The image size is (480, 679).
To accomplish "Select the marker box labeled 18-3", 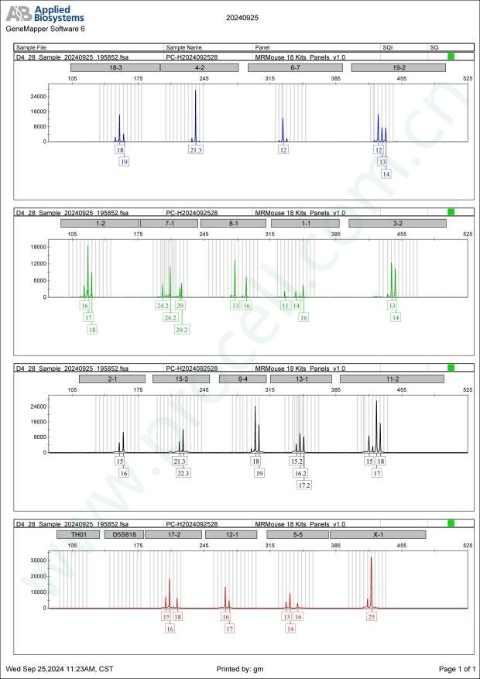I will pos(115,67).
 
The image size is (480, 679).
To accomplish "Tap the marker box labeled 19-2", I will pos(398,67).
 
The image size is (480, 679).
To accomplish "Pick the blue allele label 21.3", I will pos(195,149).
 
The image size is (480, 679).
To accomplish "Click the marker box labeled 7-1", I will pos(169,223).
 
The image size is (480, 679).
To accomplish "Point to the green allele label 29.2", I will pos(182,329).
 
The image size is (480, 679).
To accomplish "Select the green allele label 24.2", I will pos(163,306).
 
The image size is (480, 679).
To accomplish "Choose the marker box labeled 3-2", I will pos(397,223).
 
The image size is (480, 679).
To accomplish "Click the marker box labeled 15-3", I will pos(181,379).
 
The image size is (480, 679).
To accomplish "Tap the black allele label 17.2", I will pos(304,485).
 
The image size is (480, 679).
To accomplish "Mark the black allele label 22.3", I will pos(183,473).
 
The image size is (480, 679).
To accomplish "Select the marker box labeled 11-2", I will pos(392,379).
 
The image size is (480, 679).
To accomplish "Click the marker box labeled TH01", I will pos(79,534).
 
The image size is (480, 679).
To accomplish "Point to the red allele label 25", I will pos(372,617).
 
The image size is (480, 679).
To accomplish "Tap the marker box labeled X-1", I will pos(378,534).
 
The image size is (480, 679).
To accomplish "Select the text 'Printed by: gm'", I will pos(242,668).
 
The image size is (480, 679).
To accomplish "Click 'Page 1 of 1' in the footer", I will pos(456,668).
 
